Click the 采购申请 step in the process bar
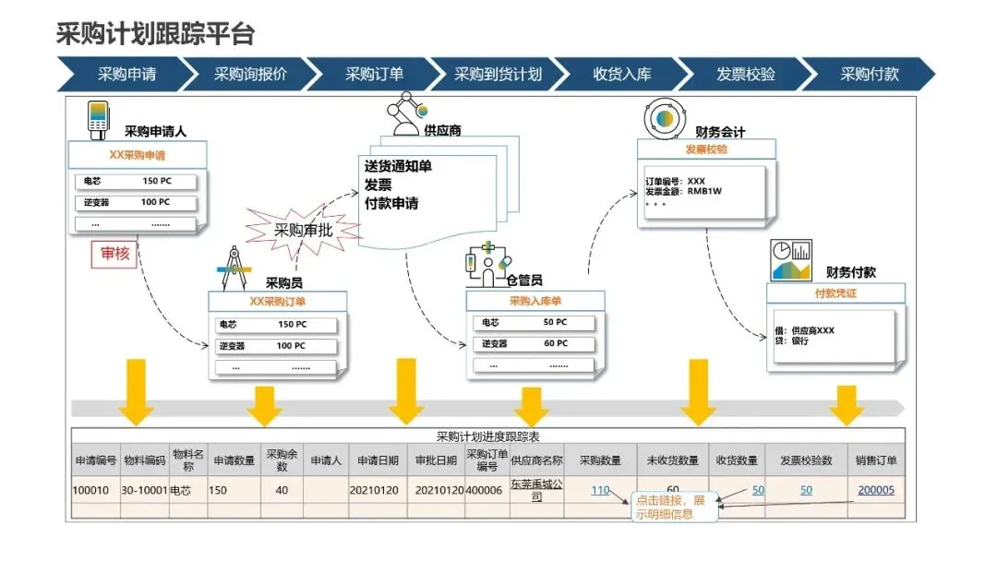point(126,75)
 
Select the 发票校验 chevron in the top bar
point(745,75)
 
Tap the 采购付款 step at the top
point(869,75)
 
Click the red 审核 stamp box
point(114,254)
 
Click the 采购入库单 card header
point(535,301)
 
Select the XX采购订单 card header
point(278,301)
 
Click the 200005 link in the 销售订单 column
point(876,490)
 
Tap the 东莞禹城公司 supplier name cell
point(536,490)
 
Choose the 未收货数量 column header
point(671,460)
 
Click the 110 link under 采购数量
point(600,490)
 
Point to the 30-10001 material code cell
point(143,490)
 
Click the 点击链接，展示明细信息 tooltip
point(674,507)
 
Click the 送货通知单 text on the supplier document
point(398,166)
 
